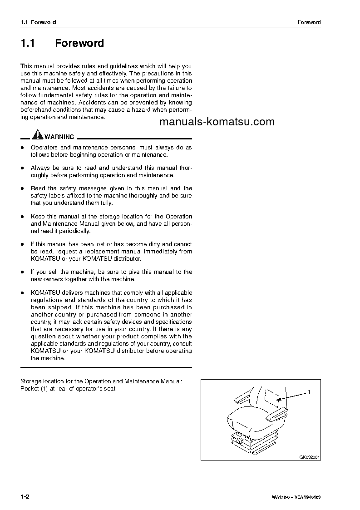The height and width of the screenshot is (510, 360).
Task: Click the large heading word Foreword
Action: tap(79, 44)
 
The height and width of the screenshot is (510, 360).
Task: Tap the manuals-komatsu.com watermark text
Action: tap(217, 122)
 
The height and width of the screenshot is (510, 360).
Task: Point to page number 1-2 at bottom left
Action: tap(25, 497)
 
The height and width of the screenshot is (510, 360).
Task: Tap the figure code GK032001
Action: tap(310, 457)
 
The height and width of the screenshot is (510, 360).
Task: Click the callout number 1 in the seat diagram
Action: tap(309, 391)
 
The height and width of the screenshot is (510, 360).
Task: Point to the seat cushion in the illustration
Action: tap(247, 416)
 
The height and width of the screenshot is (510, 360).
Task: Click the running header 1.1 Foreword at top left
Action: tap(38, 22)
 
